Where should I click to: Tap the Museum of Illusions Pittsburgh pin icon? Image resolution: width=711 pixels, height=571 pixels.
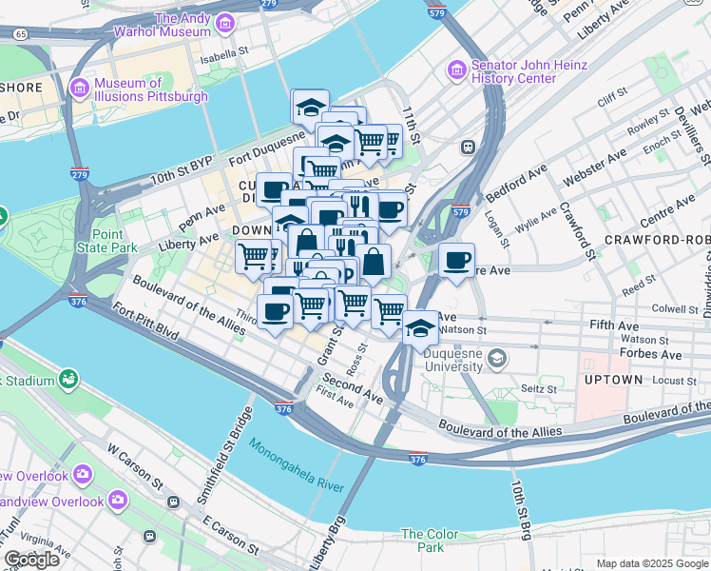tap(79, 88)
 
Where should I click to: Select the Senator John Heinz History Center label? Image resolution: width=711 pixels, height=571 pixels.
tap(517, 71)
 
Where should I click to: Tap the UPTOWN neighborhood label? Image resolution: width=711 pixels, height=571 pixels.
tap(612, 380)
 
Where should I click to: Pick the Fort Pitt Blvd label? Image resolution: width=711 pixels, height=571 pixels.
tap(144, 323)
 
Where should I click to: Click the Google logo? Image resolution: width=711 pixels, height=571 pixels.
tap(31, 560)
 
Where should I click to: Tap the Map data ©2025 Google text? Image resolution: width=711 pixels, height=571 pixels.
tap(652, 563)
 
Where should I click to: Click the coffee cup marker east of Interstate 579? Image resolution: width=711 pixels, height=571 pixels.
tap(456, 260)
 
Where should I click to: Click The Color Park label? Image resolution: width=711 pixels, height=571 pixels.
tap(423, 541)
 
